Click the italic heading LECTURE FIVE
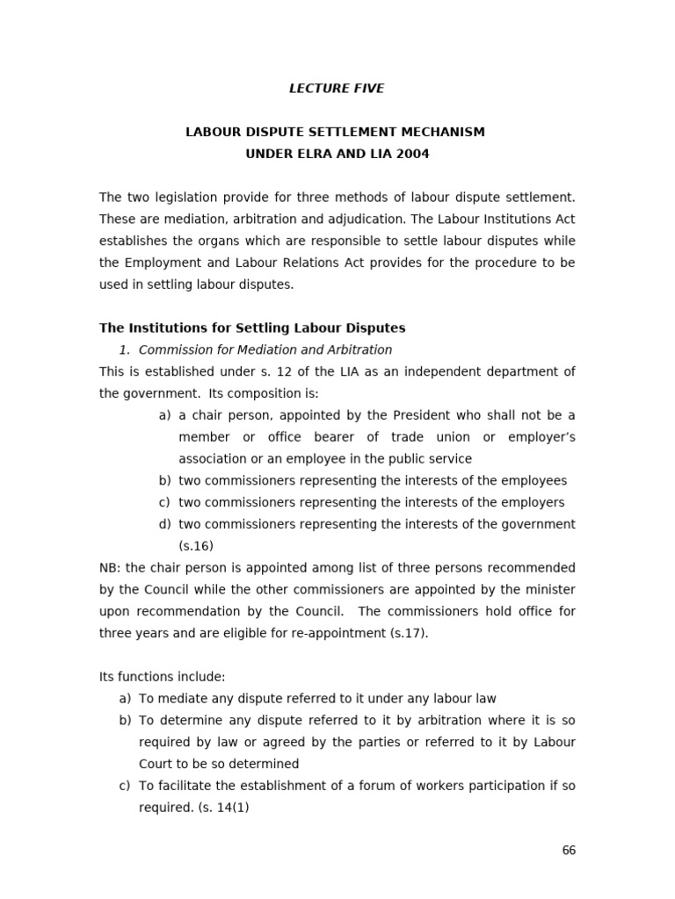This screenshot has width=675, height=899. (337, 89)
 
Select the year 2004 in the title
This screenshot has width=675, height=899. (413, 154)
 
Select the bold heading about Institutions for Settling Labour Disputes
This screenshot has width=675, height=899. (252, 328)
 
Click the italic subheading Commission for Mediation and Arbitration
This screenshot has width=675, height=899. (265, 349)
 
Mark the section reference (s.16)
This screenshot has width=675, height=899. (196, 545)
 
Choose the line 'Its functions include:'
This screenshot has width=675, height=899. (163, 677)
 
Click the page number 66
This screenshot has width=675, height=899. (569, 851)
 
